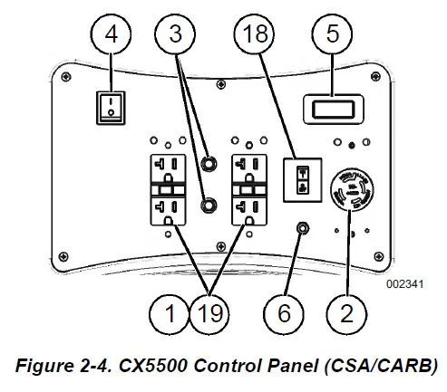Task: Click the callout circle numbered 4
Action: pyautogui.click(x=112, y=33)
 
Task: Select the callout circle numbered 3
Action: pyautogui.click(x=175, y=33)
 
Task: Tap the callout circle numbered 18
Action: pyautogui.click(x=254, y=33)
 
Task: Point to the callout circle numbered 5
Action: pyautogui.click(x=332, y=33)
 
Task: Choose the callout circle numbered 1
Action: pyautogui.click(x=170, y=314)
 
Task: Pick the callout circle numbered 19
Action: pyautogui.click(x=209, y=314)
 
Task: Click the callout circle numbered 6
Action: pyautogui.click(x=284, y=314)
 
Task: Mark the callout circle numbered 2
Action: pyautogui.click(x=346, y=314)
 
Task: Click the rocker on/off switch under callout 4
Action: pyautogui.click(x=111, y=108)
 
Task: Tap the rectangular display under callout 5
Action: pyautogui.click(x=334, y=110)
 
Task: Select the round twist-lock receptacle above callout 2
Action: pyautogui.click(x=352, y=190)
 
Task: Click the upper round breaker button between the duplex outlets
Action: pyautogui.click(x=209, y=164)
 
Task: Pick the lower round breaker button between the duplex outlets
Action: pyautogui.click(x=209, y=206)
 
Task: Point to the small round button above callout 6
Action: pyautogui.click(x=303, y=228)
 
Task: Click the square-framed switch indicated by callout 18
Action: pyautogui.click(x=303, y=180)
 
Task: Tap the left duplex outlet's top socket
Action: pyautogui.click(x=168, y=168)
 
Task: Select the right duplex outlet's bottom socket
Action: pyautogui.click(x=249, y=210)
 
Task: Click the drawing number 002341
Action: pyautogui.click(x=405, y=284)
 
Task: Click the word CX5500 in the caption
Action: pyautogui.click(x=152, y=366)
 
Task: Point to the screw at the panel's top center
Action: pyautogui.click(x=221, y=84)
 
